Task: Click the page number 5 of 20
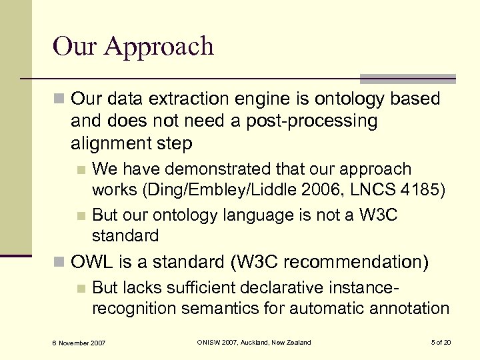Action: click(x=440, y=343)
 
